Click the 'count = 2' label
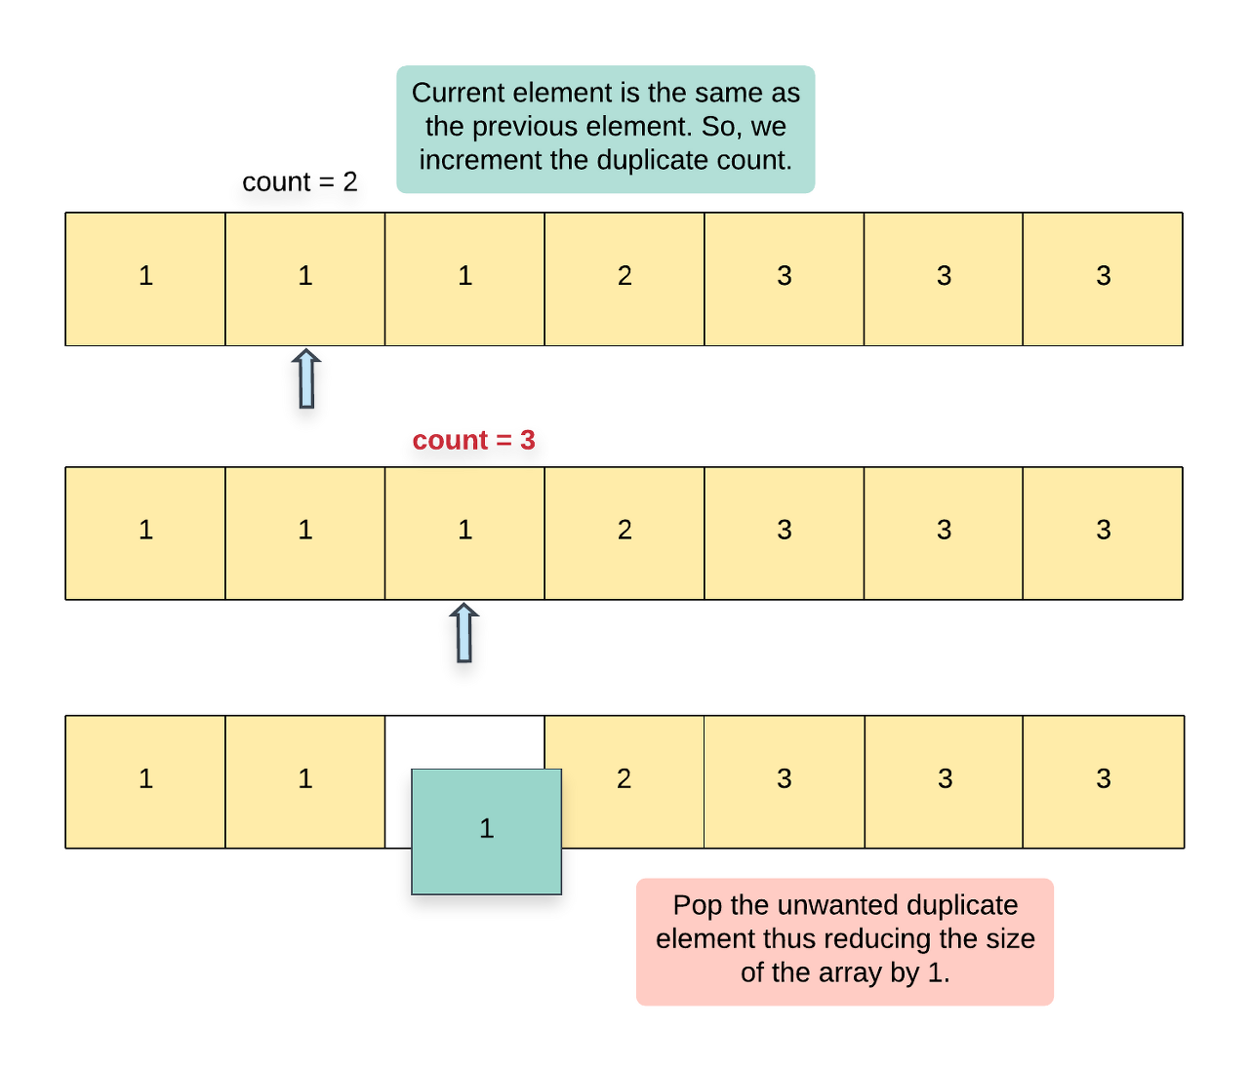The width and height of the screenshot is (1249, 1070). (300, 182)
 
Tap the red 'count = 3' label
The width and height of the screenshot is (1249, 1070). (473, 440)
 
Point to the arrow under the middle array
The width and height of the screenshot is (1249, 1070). (464, 633)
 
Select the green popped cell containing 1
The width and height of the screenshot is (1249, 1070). (486, 831)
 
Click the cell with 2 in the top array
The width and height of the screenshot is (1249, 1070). (624, 278)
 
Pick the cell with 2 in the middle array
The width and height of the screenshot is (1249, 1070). (624, 533)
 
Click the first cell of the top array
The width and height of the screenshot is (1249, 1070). (145, 278)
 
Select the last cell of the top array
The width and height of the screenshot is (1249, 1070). (1103, 278)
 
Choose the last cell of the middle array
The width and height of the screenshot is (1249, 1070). (1103, 533)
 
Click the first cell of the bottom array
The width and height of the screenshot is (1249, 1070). (145, 781)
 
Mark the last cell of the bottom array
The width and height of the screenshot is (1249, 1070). (1103, 781)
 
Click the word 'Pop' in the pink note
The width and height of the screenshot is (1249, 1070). (698, 905)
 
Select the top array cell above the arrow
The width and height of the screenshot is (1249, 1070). (305, 278)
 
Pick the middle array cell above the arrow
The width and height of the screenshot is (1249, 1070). (464, 533)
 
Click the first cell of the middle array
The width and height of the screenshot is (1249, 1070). (145, 533)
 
